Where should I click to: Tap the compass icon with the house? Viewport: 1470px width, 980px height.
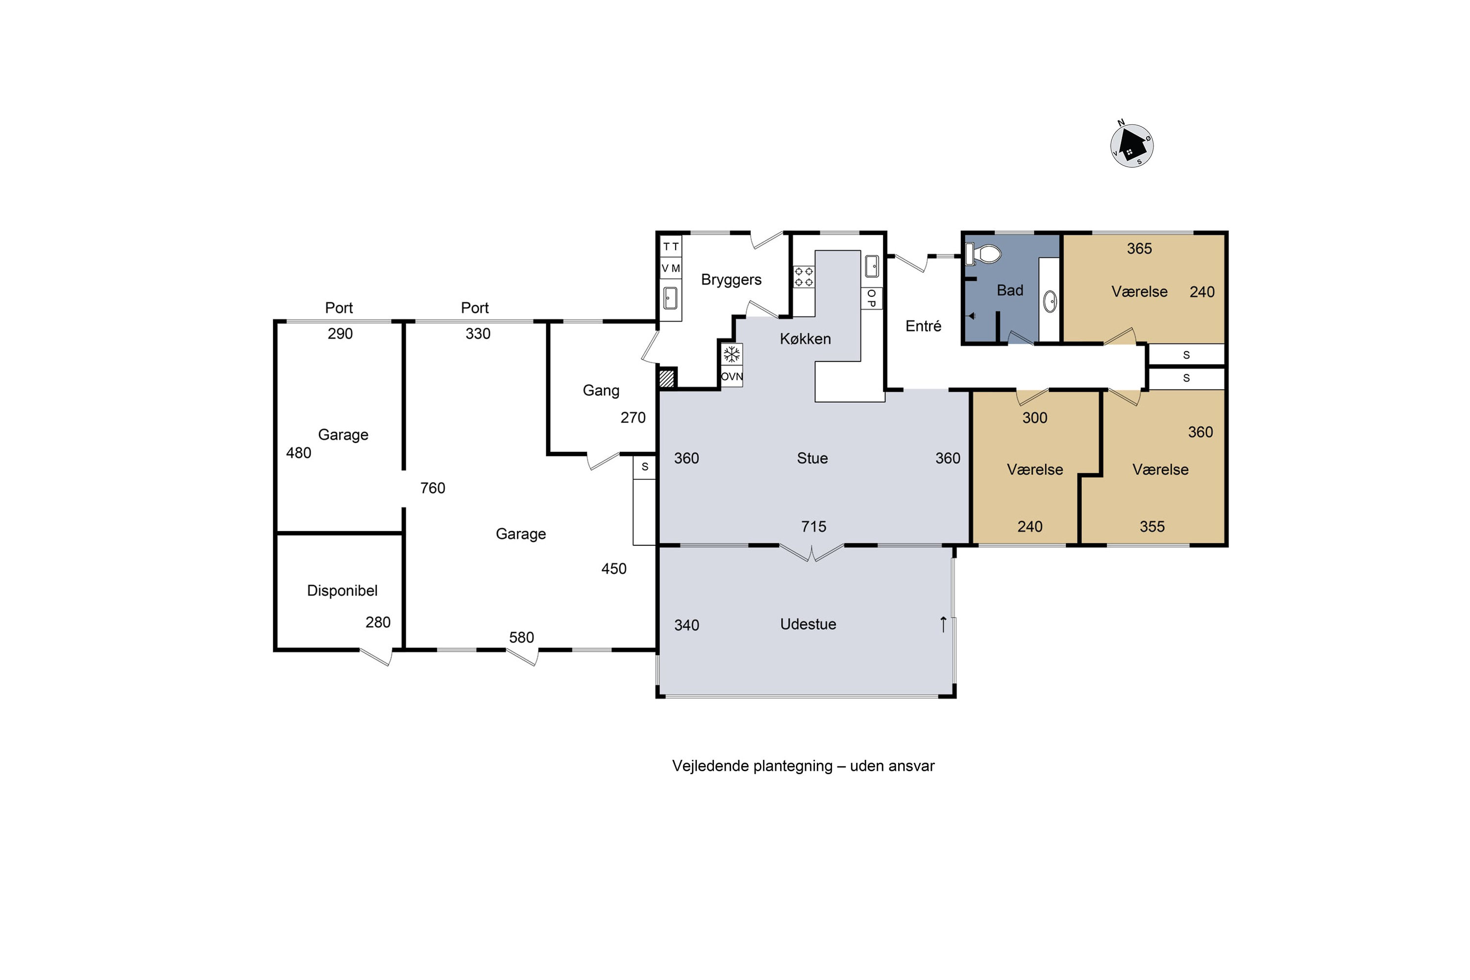pyautogui.click(x=1131, y=145)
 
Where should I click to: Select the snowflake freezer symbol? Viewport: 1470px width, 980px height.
pyautogui.click(x=731, y=355)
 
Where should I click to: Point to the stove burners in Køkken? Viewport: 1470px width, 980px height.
pyautogui.click(x=804, y=277)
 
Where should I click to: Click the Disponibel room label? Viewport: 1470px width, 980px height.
pyautogui.click(x=342, y=590)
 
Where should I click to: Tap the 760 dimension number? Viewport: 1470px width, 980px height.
pyautogui.click(x=433, y=488)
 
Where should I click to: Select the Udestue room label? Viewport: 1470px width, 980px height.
pyautogui.click(x=808, y=624)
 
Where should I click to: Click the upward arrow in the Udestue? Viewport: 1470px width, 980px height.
pyautogui.click(x=943, y=624)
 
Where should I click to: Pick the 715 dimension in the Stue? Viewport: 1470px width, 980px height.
pyautogui.click(x=814, y=527)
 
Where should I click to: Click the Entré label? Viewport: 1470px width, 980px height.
pyautogui.click(x=923, y=326)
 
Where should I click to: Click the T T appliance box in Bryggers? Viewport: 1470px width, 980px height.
pyautogui.click(x=671, y=247)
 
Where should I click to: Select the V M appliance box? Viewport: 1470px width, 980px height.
pyautogui.click(x=671, y=268)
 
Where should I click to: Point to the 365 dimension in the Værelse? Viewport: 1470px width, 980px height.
pyautogui.click(x=1139, y=249)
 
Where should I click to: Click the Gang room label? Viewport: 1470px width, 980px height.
pyautogui.click(x=601, y=391)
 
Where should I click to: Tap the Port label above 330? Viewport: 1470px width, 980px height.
pyautogui.click(x=475, y=308)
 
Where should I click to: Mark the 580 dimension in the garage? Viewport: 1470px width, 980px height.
pyautogui.click(x=521, y=637)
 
